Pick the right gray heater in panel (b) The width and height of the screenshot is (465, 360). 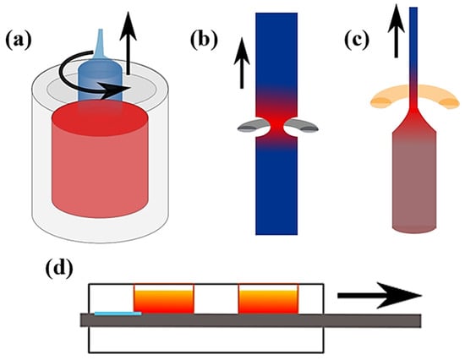(302, 127)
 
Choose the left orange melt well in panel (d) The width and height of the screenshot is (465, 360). (164, 300)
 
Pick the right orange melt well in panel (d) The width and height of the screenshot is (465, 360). (268, 300)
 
